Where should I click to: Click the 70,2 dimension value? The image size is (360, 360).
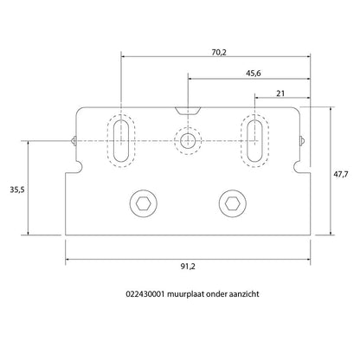(219, 52)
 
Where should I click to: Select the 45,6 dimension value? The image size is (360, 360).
(254, 74)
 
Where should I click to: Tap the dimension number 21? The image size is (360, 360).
(280, 93)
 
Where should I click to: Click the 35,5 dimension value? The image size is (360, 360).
(17, 190)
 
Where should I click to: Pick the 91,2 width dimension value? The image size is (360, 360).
(188, 267)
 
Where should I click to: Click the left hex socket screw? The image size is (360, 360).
(144, 203)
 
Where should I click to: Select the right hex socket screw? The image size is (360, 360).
(233, 203)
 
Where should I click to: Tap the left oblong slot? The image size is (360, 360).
(121, 141)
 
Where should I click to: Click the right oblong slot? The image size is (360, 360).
(254, 141)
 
